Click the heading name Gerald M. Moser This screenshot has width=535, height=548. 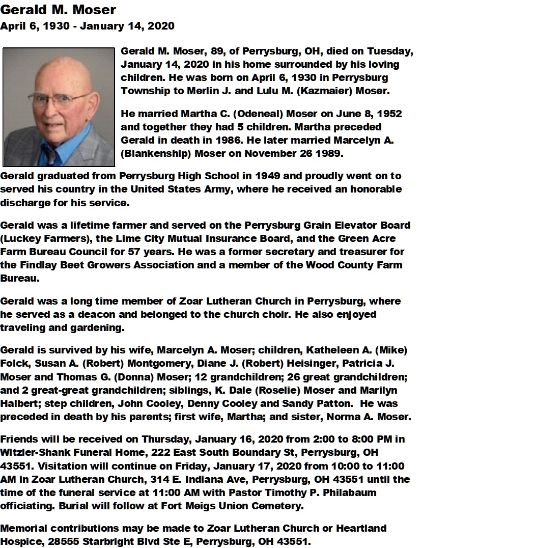[x=58, y=10]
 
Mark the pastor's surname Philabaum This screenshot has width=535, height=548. [x=350, y=492]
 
